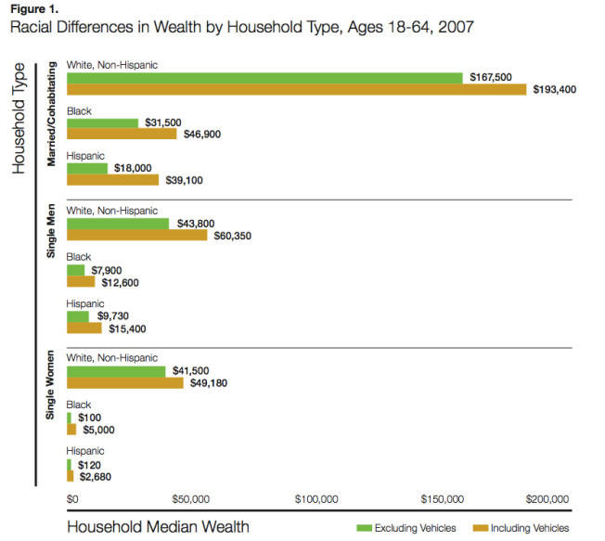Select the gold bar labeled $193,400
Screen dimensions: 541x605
(x=296, y=90)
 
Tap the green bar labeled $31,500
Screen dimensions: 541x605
(x=102, y=122)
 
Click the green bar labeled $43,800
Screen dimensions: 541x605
(x=118, y=224)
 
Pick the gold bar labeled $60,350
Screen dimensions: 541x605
(x=136, y=236)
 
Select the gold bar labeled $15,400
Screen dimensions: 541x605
(x=84, y=328)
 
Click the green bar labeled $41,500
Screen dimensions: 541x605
(x=116, y=371)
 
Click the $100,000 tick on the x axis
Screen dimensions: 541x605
(x=315, y=499)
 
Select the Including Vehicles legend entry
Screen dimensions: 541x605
(x=526, y=528)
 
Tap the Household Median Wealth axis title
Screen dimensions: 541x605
(x=159, y=527)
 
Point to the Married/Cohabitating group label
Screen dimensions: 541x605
(x=52, y=114)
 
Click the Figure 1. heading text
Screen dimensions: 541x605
(x=34, y=9)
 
